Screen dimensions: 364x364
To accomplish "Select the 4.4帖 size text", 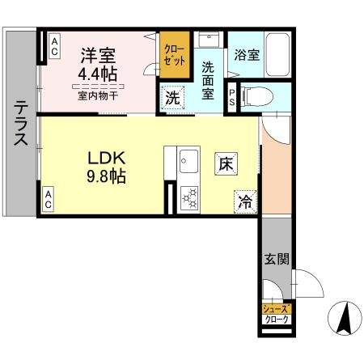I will pyautogui.click(x=97, y=75).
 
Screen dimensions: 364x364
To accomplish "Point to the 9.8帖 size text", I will pyautogui.click(x=103, y=176).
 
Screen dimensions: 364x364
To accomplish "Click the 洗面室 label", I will pyautogui.click(x=209, y=81).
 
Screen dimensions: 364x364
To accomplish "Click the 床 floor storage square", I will pyautogui.click(x=224, y=163).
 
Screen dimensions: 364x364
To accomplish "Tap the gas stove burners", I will pyautogui.click(x=192, y=197).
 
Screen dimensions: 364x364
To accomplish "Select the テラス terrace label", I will pyautogui.click(x=20, y=123).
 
